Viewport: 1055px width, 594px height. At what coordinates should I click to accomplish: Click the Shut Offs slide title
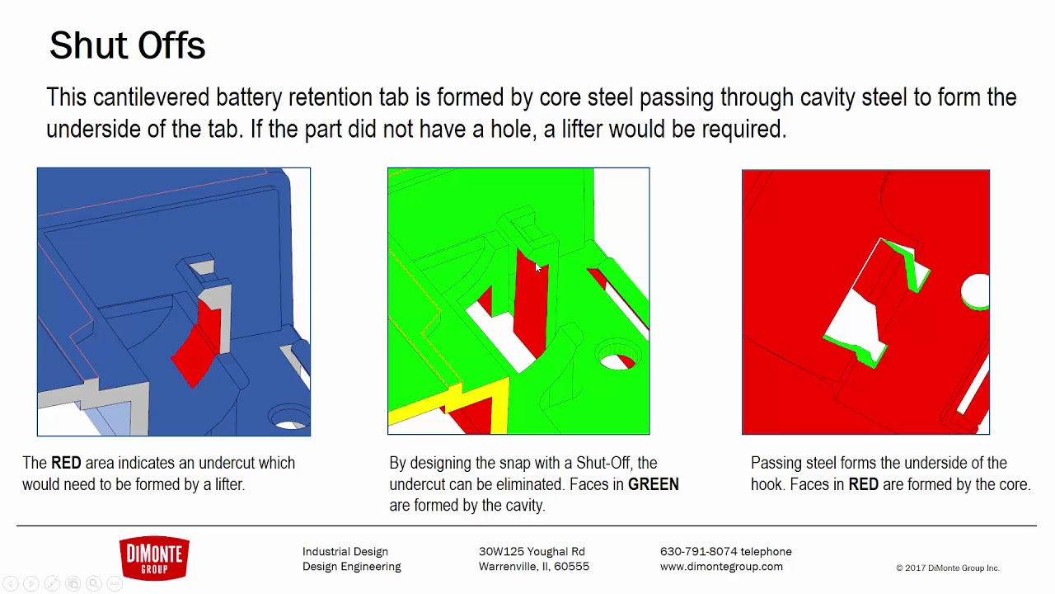(127, 46)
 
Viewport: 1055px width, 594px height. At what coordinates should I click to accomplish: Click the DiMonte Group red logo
(154, 559)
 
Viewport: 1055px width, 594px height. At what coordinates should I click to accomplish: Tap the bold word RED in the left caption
(66, 463)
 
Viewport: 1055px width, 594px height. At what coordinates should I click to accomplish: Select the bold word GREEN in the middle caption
(653, 484)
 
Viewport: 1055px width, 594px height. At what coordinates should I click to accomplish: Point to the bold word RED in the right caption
(863, 484)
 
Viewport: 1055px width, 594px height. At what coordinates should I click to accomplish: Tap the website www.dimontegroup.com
(721, 567)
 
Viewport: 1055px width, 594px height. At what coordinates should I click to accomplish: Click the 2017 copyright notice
(947, 568)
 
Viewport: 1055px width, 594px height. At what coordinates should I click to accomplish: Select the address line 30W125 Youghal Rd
(532, 551)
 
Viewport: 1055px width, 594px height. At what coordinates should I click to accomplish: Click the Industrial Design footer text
(345, 551)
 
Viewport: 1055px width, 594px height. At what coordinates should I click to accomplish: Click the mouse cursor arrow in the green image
(537, 267)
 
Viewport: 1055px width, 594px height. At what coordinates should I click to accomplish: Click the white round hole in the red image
(976, 291)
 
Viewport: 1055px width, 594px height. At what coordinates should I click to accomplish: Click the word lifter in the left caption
(228, 484)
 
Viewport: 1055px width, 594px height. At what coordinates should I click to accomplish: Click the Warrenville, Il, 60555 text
(533, 567)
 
